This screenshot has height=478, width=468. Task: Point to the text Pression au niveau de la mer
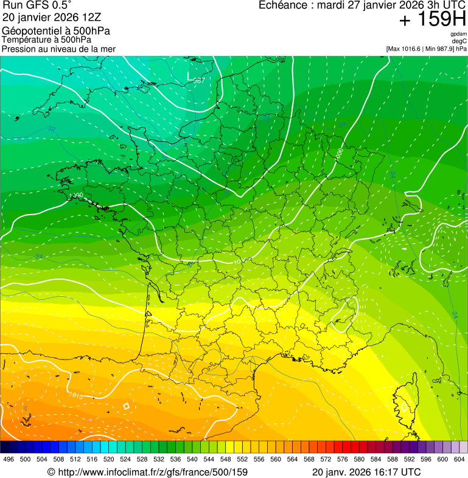pos(58,49)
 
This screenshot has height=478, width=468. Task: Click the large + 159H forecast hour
pos(432,19)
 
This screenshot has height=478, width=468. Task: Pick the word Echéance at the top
pos(282,5)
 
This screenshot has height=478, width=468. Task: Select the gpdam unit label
pos(458,34)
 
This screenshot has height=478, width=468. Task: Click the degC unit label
pos(459,41)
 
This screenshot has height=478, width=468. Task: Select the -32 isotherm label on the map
pos(51,129)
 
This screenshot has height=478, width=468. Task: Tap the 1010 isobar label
pos(75,396)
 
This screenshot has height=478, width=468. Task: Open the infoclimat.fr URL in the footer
pos(147,472)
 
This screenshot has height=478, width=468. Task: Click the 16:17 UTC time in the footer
pos(395,472)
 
